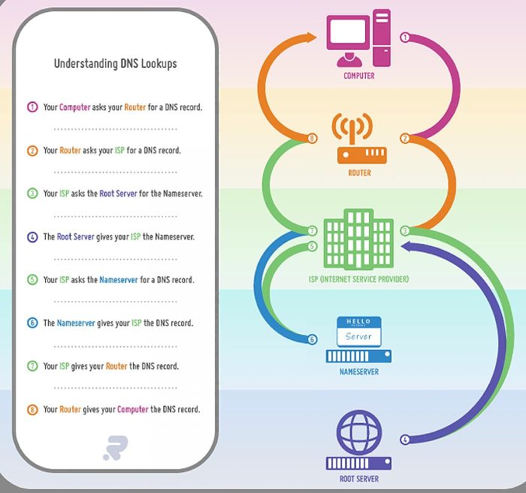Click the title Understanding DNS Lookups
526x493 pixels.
pos(115,63)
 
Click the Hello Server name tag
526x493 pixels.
pos(359,332)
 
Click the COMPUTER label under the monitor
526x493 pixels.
pos(358,76)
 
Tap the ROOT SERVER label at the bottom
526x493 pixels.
pos(359,479)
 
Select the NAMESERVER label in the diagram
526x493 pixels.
pos(358,372)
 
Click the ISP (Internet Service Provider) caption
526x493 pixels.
pos(358,279)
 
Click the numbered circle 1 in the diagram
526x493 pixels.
pos(405,37)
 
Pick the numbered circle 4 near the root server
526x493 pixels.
pos(405,440)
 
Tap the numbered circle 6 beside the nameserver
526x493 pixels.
pos(313,339)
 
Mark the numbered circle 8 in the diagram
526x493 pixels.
pos(313,138)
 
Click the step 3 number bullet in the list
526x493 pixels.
pos(32,193)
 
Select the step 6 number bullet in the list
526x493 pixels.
pos(32,323)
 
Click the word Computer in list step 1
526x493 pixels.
pos(74,107)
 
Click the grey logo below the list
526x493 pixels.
pos(115,446)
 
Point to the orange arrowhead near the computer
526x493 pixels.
pos(313,36)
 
